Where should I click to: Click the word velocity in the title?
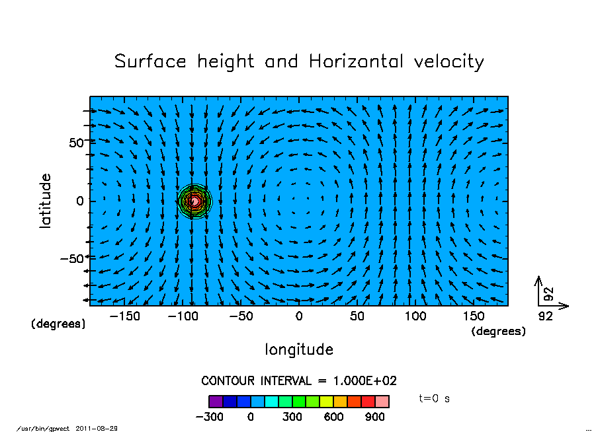pos(448,62)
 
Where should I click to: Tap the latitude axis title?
pos(46,201)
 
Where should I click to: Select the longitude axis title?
pos(299,349)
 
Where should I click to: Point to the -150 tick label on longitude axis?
pos(124,316)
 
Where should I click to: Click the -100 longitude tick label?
pos(183,316)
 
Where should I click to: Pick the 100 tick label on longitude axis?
pos(415,316)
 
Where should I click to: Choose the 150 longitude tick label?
pos(474,316)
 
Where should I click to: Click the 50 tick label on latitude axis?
pos(77,143)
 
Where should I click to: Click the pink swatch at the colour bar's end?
pos(382,402)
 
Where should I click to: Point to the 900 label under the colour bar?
pos(374,417)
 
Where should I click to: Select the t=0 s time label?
pos(435,399)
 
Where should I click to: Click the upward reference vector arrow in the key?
pos(538,289)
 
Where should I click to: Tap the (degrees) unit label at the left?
pos(58,324)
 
